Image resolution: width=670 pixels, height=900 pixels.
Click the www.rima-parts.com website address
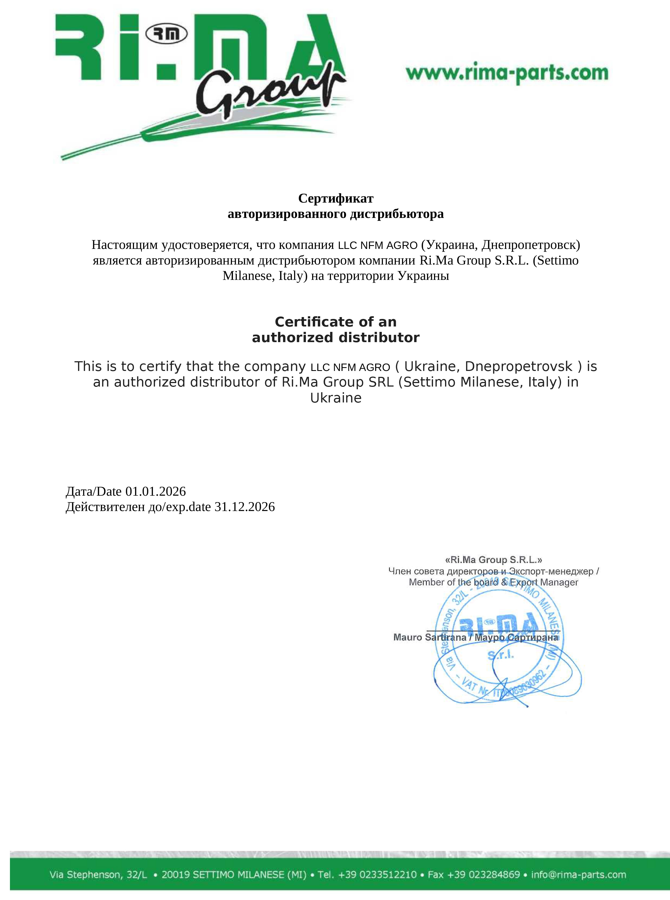[x=507, y=74]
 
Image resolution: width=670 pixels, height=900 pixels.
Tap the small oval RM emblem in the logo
[x=166, y=34]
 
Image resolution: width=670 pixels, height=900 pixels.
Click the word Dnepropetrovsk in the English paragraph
[x=519, y=367]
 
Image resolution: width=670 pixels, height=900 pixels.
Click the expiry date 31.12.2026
[x=245, y=507]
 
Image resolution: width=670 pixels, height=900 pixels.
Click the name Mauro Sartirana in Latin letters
[x=429, y=637]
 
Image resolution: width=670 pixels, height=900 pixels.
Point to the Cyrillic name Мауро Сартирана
[x=516, y=637]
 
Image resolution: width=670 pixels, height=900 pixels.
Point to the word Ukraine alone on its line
[x=336, y=398]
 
